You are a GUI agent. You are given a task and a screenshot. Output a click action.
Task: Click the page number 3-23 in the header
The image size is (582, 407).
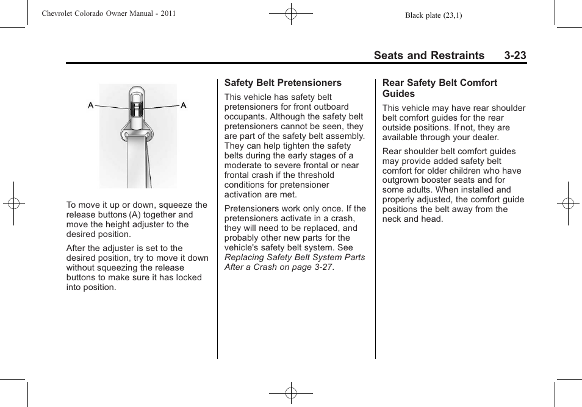click(x=515, y=55)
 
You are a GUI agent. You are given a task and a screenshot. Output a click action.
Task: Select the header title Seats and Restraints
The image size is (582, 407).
click(x=429, y=55)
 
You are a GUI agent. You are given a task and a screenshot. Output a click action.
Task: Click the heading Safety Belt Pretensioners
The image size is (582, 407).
click(x=282, y=83)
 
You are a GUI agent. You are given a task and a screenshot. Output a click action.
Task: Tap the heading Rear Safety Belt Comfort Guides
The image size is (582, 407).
click(x=439, y=88)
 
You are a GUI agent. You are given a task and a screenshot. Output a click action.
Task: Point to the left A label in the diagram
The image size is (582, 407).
click(x=91, y=105)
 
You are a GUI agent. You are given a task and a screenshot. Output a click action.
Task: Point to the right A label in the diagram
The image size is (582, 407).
click(x=183, y=105)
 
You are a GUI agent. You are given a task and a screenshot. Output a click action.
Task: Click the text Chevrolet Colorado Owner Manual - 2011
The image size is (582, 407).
click(x=109, y=13)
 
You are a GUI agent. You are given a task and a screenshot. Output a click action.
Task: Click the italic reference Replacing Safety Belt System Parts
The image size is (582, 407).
click(x=295, y=257)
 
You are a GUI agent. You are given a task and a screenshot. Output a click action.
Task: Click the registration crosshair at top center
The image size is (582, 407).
click(x=291, y=13)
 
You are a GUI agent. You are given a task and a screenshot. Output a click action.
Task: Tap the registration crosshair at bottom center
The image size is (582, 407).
click(x=291, y=393)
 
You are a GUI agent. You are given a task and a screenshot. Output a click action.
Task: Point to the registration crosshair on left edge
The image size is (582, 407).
click(x=13, y=203)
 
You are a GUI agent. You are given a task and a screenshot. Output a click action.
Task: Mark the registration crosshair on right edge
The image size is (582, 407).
click(x=568, y=203)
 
